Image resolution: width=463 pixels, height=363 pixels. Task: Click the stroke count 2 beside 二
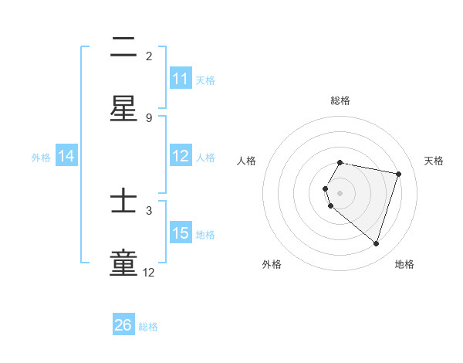149,56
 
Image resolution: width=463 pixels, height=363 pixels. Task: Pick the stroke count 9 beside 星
149,118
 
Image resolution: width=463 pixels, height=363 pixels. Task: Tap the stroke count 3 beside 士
149,210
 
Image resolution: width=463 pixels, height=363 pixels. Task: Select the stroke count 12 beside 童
149,273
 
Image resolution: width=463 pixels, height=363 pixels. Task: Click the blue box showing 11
181,79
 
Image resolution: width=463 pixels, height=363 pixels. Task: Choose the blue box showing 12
181,156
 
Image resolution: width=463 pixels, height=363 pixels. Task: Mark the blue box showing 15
181,233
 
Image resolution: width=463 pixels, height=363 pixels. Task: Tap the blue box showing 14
66,156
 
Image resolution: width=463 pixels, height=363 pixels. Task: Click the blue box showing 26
123,325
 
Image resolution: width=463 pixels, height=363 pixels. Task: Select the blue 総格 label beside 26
148,327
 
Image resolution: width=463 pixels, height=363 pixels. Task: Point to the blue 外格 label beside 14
41,158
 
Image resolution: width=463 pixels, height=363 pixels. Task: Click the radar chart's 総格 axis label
340,100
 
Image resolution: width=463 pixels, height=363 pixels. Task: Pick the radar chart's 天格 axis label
434,161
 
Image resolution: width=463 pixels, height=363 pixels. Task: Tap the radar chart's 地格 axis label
404,264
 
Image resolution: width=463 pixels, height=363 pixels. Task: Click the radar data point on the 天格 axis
398,174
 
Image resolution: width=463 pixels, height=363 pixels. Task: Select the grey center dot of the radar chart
340,192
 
